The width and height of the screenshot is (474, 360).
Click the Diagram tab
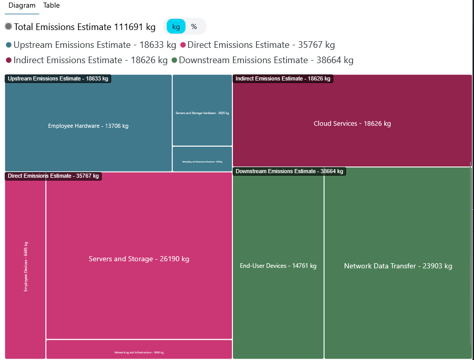(x=22, y=6)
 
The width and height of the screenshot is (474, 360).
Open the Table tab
(x=51, y=6)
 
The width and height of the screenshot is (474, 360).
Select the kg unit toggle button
(x=176, y=26)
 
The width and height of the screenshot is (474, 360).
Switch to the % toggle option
(x=194, y=26)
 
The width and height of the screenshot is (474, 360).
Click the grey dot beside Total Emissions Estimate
(x=9, y=26)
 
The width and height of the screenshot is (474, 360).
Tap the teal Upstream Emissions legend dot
(x=9, y=45)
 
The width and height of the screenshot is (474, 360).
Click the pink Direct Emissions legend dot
(x=183, y=45)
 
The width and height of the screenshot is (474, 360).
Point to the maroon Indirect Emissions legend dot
(x=9, y=61)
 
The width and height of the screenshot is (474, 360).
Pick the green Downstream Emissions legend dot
(x=174, y=61)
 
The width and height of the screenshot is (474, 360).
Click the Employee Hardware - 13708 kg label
(x=88, y=126)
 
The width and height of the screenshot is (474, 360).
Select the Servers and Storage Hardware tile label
(x=202, y=113)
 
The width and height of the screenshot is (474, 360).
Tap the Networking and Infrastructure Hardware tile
(x=202, y=161)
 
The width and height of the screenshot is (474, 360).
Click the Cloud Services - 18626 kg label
(x=352, y=124)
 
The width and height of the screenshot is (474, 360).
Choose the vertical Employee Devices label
(x=26, y=266)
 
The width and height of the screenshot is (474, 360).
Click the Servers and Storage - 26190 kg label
(x=139, y=259)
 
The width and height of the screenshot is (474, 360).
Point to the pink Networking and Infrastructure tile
(x=139, y=352)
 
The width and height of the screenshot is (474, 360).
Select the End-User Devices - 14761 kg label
(x=278, y=266)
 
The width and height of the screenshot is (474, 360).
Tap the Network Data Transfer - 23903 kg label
(x=398, y=266)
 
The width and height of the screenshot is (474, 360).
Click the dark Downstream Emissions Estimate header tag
(x=289, y=172)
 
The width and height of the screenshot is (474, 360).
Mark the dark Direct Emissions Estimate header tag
(x=54, y=176)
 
